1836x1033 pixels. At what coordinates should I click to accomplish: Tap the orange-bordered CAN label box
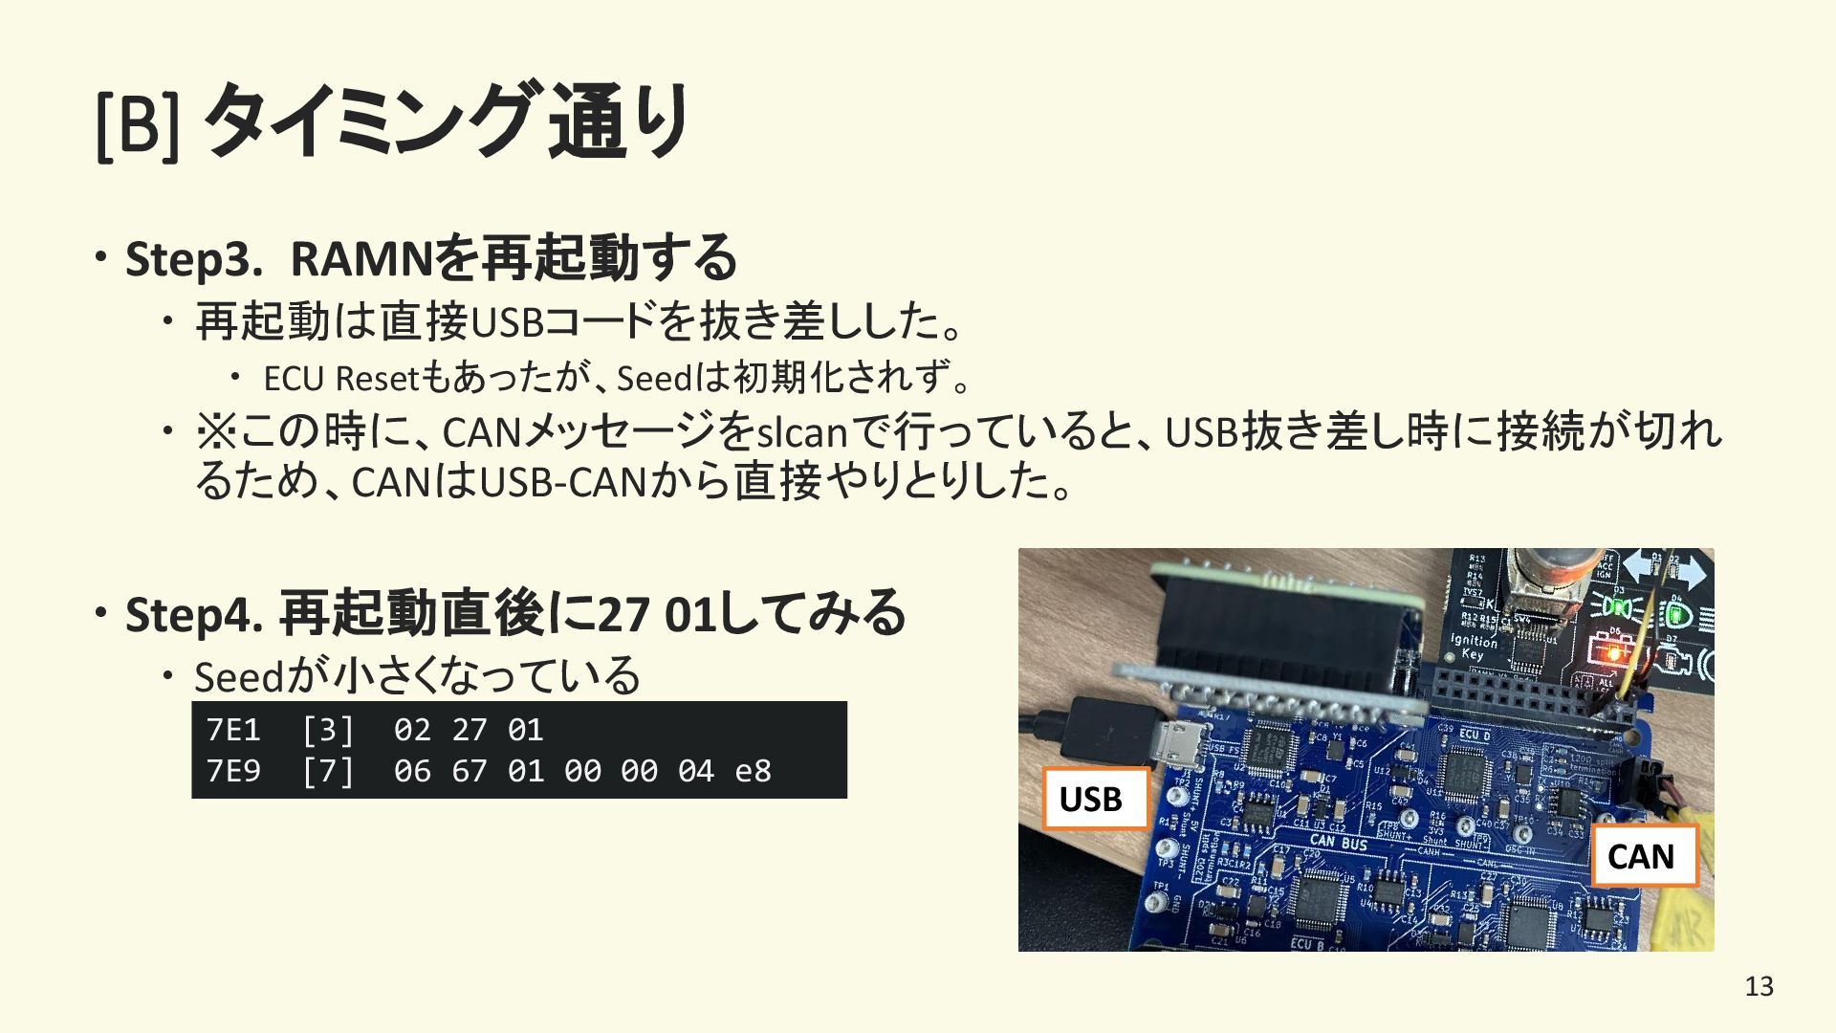pyautogui.click(x=1644, y=856)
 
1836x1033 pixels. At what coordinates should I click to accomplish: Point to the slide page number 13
pyautogui.click(x=1759, y=986)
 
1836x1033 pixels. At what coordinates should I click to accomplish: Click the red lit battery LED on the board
pyautogui.click(x=1613, y=654)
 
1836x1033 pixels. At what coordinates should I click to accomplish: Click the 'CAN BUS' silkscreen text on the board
pyautogui.click(x=1338, y=843)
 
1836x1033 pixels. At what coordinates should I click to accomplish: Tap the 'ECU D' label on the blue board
pyautogui.click(x=1475, y=736)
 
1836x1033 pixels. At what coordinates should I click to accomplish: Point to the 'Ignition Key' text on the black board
pyautogui.click(x=1474, y=647)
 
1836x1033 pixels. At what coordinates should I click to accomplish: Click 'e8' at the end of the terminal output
pyautogui.click(x=753, y=771)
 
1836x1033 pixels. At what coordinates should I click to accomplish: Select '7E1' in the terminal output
pyautogui.click(x=233, y=731)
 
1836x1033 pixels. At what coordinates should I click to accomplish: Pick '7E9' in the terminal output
pyautogui.click(x=233, y=771)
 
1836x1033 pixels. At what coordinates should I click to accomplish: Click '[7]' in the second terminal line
pyautogui.click(x=328, y=771)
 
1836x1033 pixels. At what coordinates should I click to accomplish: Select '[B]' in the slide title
pyautogui.click(x=137, y=122)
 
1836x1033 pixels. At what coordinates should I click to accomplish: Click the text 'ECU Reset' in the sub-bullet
pyautogui.click(x=340, y=379)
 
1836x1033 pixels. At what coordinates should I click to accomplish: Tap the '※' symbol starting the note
pyautogui.click(x=215, y=431)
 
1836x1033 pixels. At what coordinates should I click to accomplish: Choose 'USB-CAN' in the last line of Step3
pyautogui.click(x=563, y=482)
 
